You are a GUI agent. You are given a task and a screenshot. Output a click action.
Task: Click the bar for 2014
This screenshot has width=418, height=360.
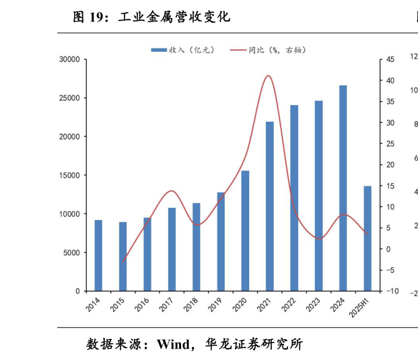[98, 255]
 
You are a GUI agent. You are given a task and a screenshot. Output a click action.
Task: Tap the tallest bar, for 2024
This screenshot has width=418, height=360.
[343, 188]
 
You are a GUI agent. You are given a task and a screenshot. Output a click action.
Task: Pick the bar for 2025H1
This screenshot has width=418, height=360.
[368, 238]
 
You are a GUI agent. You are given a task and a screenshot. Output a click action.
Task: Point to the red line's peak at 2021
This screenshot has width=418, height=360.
[269, 75]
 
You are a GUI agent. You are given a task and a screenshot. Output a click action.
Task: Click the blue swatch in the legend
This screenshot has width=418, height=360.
[159, 50]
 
